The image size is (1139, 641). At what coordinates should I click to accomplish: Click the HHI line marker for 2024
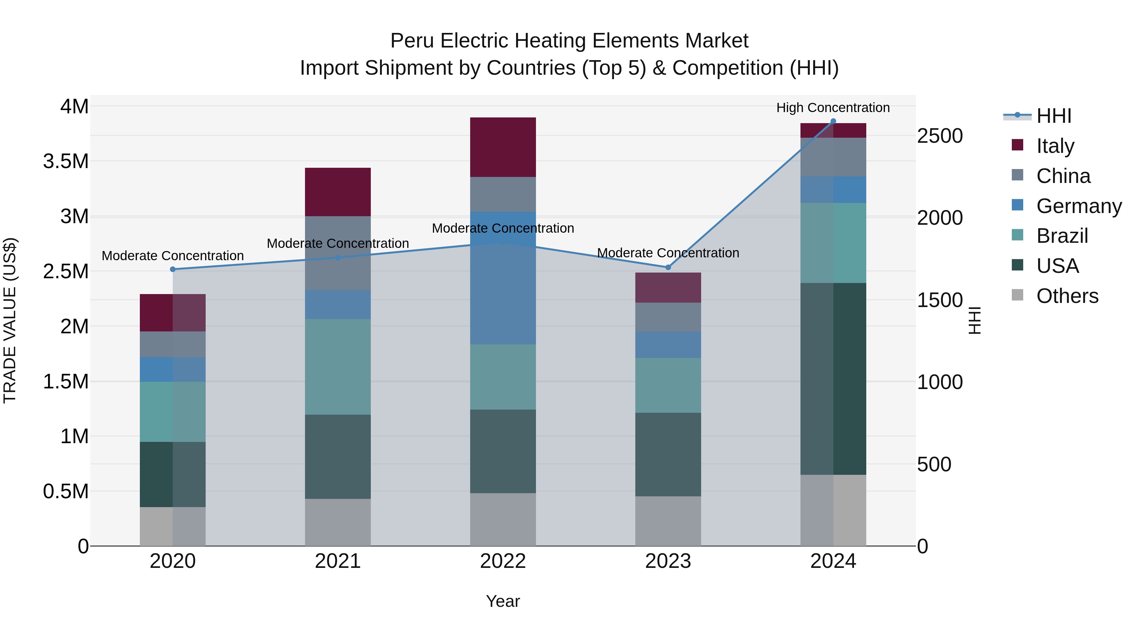click(x=833, y=121)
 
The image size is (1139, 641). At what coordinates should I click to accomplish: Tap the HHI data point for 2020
click(x=173, y=269)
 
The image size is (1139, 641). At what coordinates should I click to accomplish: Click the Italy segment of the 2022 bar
click(x=503, y=147)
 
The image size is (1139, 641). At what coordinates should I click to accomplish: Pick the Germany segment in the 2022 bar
click(x=503, y=278)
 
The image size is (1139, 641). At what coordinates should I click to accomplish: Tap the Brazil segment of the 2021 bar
click(x=338, y=367)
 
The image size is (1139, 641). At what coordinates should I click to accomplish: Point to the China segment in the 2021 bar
click(x=338, y=253)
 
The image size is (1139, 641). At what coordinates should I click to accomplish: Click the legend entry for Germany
click(x=1079, y=206)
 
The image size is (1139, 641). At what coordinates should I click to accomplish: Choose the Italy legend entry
click(x=1055, y=146)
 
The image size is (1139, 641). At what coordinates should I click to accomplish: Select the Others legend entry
click(x=1067, y=296)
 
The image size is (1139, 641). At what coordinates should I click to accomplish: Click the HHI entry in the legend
click(x=1054, y=116)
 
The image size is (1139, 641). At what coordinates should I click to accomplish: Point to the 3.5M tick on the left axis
click(x=66, y=161)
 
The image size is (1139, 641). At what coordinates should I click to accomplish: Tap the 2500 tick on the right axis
click(x=940, y=136)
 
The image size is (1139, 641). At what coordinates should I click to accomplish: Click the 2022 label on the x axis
click(x=503, y=561)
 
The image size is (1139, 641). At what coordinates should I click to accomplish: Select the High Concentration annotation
click(x=833, y=108)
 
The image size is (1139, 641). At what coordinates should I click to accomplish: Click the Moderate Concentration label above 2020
click(x=173, y=256)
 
